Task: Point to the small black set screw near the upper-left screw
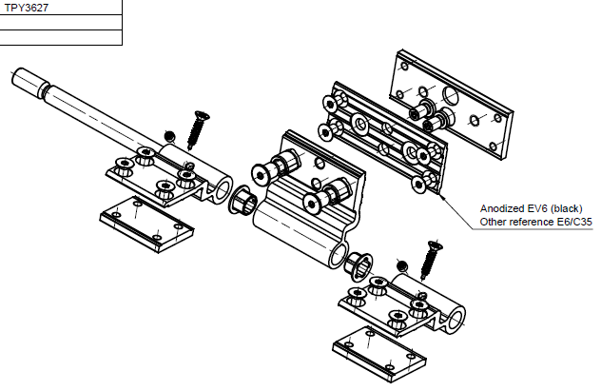169,135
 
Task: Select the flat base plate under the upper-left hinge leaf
146,224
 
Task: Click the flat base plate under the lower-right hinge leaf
378,353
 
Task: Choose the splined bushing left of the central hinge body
241,203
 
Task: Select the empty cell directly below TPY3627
61,22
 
